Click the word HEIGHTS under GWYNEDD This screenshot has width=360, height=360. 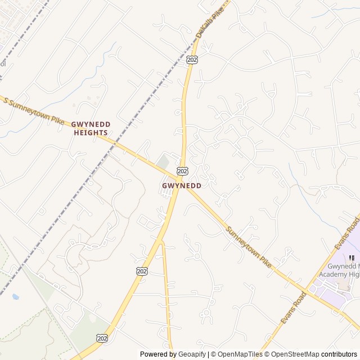tap(90, 133)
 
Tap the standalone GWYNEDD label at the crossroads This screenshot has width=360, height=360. tap(182, 185)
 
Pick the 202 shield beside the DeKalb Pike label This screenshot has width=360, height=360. tap(192, 59)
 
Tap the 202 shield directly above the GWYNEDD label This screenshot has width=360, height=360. tap(182, 170)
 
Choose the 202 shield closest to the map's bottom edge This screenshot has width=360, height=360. tap(102, 337)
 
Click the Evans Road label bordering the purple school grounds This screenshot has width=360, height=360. tap(347, 233)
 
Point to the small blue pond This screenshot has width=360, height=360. tap(16, 296)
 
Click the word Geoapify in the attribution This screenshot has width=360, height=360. tap(192, 354)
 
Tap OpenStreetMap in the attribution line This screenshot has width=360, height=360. tap(293, 354)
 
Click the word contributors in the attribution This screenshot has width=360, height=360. tap(339, 354)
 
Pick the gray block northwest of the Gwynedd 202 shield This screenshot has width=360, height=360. tap(163, 162)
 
